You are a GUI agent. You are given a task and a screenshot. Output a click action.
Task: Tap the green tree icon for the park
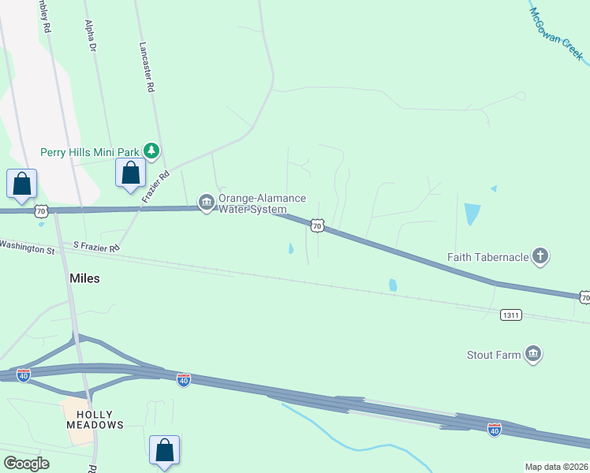coord(151,150)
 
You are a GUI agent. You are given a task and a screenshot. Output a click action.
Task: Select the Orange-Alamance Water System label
coord(262,203)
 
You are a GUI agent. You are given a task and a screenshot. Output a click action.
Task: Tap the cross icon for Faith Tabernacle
coord(540,255)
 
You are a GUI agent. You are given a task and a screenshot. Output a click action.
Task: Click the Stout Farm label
coord(494,355)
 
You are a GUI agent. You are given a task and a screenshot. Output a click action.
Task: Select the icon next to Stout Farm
coord(533,355)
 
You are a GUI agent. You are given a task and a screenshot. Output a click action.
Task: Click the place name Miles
coord(84,278)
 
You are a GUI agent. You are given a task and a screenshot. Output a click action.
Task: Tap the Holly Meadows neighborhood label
coord(95,419)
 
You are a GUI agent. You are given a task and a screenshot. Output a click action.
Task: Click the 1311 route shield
coord(510,315)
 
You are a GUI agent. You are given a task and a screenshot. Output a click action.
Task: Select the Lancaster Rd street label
coord(146,68)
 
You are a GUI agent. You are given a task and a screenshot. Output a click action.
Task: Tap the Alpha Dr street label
coord(90,36)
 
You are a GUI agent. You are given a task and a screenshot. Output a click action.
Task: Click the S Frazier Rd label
coord(96,248)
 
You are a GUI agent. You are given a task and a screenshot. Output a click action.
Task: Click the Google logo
coord(26,464)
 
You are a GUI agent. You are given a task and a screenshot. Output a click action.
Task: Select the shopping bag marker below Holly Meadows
coord(164,452)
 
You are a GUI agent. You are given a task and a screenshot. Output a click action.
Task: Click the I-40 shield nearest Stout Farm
coord(495,430)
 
